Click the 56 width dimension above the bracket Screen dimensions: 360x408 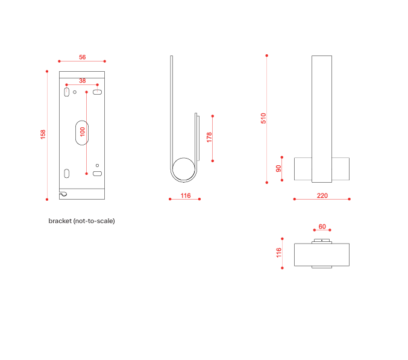[x=82, y=57]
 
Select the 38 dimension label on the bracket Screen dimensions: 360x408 [x=82, y=80]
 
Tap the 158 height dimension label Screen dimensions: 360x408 [x=43, y=134]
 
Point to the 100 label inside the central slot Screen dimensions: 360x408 [x=82, y=131]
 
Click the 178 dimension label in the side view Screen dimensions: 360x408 [x=209, y=137]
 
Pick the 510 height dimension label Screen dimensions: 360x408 [x=263, y=118]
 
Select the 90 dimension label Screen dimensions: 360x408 [x=278, y=168]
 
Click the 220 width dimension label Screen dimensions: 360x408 [x=322, y=195]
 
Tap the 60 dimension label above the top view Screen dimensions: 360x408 [x=322, y=227]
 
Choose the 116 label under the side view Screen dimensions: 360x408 [x=186, y=195]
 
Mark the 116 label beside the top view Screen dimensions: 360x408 [x=278, y=253]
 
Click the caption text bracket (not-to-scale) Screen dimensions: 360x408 [x=81, y=221]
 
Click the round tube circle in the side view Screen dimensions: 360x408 [x=184, y=169]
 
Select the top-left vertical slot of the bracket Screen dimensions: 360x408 [x=66, y=92]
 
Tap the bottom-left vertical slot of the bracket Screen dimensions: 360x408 [x=66, y=174]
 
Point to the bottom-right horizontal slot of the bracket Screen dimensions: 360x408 [x=97, y=174]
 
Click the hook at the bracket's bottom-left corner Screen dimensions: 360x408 [x=63, y=194]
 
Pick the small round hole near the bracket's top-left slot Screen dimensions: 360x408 [x=75, y=92]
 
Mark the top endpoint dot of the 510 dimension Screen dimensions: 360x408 [x=266, y=55]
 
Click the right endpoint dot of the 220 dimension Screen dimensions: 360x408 [x=350, y=198]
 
